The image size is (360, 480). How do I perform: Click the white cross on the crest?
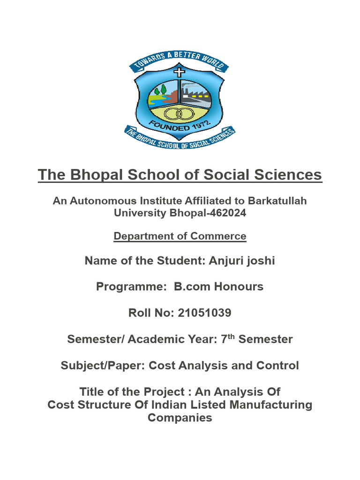180,73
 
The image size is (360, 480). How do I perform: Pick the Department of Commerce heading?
180,236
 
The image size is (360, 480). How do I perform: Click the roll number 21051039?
204,313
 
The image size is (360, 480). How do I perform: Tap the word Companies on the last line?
180,418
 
